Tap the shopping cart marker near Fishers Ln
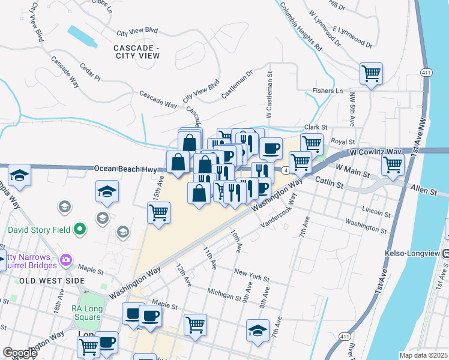point(371,74)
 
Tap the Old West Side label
point(44,281)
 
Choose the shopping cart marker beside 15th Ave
point(159,213)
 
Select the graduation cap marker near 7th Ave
point(258,331)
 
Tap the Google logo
point(20,353)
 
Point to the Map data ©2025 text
point(423,355)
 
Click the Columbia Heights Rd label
point(306,25)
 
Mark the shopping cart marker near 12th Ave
point(195,325)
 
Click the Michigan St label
point(223,291)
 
